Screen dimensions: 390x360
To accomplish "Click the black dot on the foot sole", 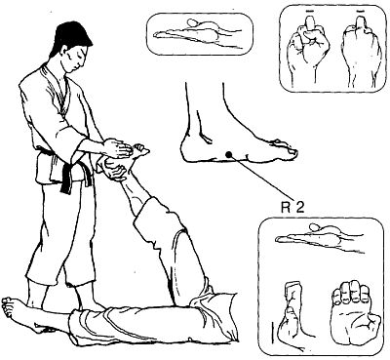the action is point(229,155).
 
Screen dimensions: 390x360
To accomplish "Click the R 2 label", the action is point(292,207).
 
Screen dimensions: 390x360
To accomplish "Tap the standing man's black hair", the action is point(70,36).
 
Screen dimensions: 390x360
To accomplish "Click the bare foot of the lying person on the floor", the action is point(19,311).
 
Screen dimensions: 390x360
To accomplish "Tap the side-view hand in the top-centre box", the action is point(199,33).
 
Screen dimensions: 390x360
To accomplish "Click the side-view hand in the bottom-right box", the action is point(320,238).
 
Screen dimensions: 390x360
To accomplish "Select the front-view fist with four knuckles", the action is point(354,313).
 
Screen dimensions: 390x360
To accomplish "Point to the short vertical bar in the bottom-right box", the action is point(271,333).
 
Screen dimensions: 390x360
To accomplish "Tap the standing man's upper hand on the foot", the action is point(118,148).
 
